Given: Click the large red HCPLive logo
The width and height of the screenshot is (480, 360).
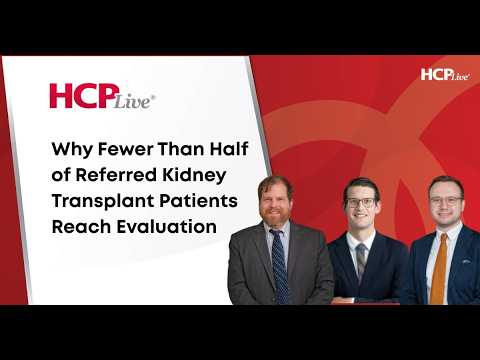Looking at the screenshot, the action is tap(102, 96).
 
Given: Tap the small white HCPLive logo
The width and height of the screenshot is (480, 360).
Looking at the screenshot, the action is tap(446, 74).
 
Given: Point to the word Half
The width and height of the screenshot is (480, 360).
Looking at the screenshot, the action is tap(229, 148).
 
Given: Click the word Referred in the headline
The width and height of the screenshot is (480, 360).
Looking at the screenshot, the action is tap(116, 175).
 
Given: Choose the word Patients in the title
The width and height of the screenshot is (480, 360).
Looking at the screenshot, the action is tap(198, 201).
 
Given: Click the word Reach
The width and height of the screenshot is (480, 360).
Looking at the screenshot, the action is tap(81, 227).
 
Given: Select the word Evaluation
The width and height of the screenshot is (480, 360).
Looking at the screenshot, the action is tap(167, 227).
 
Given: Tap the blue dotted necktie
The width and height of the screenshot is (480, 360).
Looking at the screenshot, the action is tap(280, 266).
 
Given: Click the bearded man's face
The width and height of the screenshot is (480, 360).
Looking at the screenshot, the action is tap(275, 203).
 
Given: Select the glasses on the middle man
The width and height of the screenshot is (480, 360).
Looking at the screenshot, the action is tap(361, 202).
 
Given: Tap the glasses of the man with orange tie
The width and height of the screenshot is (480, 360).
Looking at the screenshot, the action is tap(447, 201).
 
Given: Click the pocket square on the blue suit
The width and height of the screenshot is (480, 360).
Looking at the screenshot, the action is tap(466, 262).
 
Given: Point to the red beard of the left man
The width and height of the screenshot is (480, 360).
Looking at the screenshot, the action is tap(274, 217).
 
